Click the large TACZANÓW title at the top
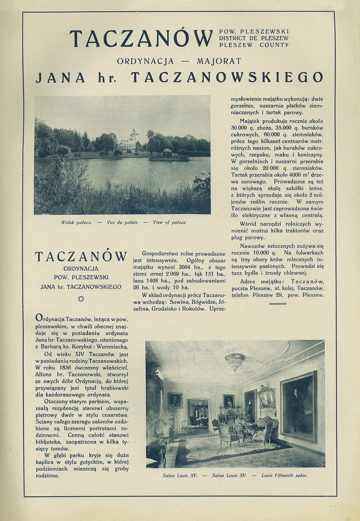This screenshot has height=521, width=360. pyautogui.click(x=141, y=39)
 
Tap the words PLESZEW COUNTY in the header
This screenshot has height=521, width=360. pyautogui.click(x=254, y=45)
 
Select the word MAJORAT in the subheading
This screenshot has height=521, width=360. pyautogui.click(x=219, y=62)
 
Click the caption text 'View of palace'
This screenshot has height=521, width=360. pyautogui.click(x=169, y=222)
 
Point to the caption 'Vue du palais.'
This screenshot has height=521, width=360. pyautogui.click(x=122, y=222)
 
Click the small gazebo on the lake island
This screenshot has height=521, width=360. pyautogui.click(x=167, y=153)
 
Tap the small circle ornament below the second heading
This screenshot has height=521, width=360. pyautogui.click(x=80, y=299)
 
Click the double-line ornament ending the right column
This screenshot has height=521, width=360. pyautogui.click(x=278, y=304)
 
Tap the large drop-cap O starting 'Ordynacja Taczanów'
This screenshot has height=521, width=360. pyautogui.click(x=39, y=318)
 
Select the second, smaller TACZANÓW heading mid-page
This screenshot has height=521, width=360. pyautogui.click(x=80, y=256)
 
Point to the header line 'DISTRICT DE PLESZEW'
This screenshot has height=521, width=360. pyautogui.click(x=254, y=38)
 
